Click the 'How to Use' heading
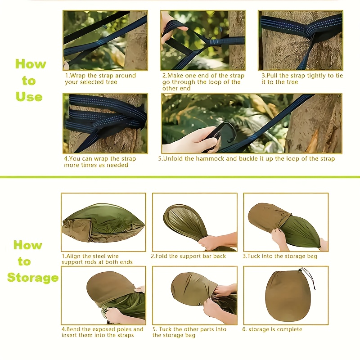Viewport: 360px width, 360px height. [30, 81]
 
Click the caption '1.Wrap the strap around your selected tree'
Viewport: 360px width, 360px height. [100, 79]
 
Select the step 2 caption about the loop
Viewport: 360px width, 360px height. [203, 82]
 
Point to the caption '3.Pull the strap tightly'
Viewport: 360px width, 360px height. [301, 79]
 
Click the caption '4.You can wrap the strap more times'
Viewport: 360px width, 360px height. [99, 162]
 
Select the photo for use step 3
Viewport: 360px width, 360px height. [300, 40]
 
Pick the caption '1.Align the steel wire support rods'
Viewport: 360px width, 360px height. [97, 259]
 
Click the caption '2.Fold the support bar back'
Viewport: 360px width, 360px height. [189, 256]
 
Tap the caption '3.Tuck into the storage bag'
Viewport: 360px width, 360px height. [280, 256]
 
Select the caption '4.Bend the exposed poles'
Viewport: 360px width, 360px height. [102, 332]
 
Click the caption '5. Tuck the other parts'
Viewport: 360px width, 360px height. [189, 332]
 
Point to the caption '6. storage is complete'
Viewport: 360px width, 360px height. [273, 329]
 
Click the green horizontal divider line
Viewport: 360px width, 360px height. [180, 177]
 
